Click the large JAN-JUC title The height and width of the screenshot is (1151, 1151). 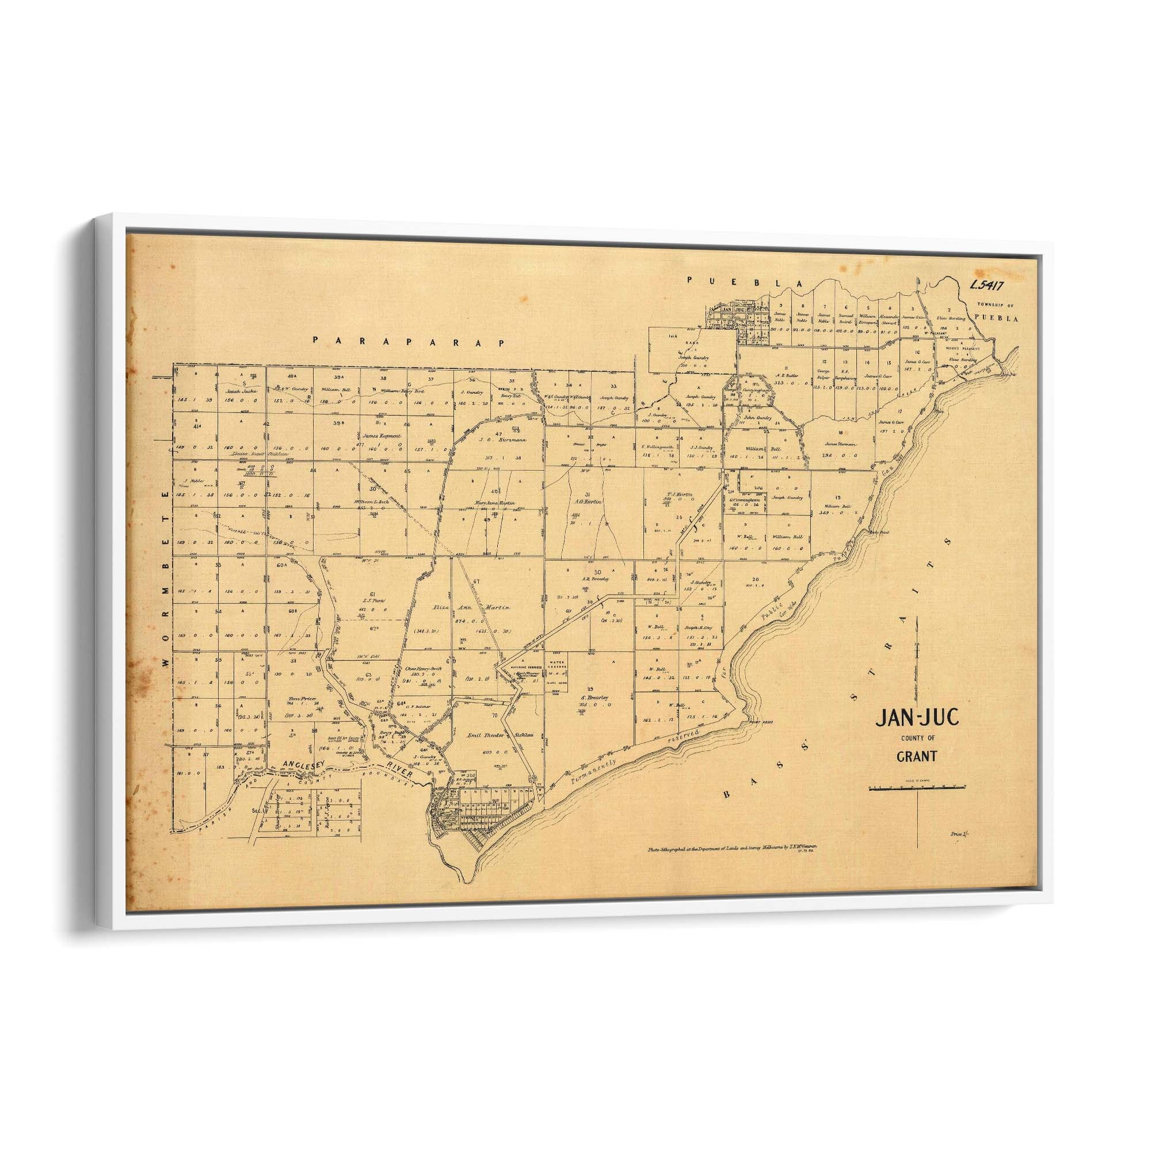click(x=917, y=718)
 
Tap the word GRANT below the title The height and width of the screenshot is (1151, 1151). click(x=917, y=757)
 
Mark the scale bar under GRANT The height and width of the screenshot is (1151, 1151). click(x=917, y=788)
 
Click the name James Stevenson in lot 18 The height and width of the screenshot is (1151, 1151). click(x=841, y=444)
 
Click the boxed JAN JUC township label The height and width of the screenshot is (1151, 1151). click(x=726, y=309)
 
